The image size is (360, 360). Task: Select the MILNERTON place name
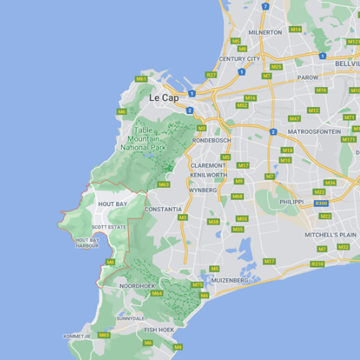click(x=265, y=32)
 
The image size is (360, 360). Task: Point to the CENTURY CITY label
click(x=240, y=58)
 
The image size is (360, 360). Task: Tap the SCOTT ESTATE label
click(x=109, y=227)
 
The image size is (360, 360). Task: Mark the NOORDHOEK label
click(x=137, y=286)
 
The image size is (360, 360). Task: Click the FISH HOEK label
click(x=158, y=330)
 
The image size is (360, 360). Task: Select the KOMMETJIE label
click(x=77, y=336)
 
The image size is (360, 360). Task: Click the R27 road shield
click(x=210, y=75)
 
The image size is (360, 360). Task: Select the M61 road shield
click(x=141, y=78)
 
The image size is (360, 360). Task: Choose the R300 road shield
click(x=322, y=204)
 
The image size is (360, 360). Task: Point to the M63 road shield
click(x=163, y=184)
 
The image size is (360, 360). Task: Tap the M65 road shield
click(x=104, y=335)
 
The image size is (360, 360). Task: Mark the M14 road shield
click(x=295, y=30)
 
